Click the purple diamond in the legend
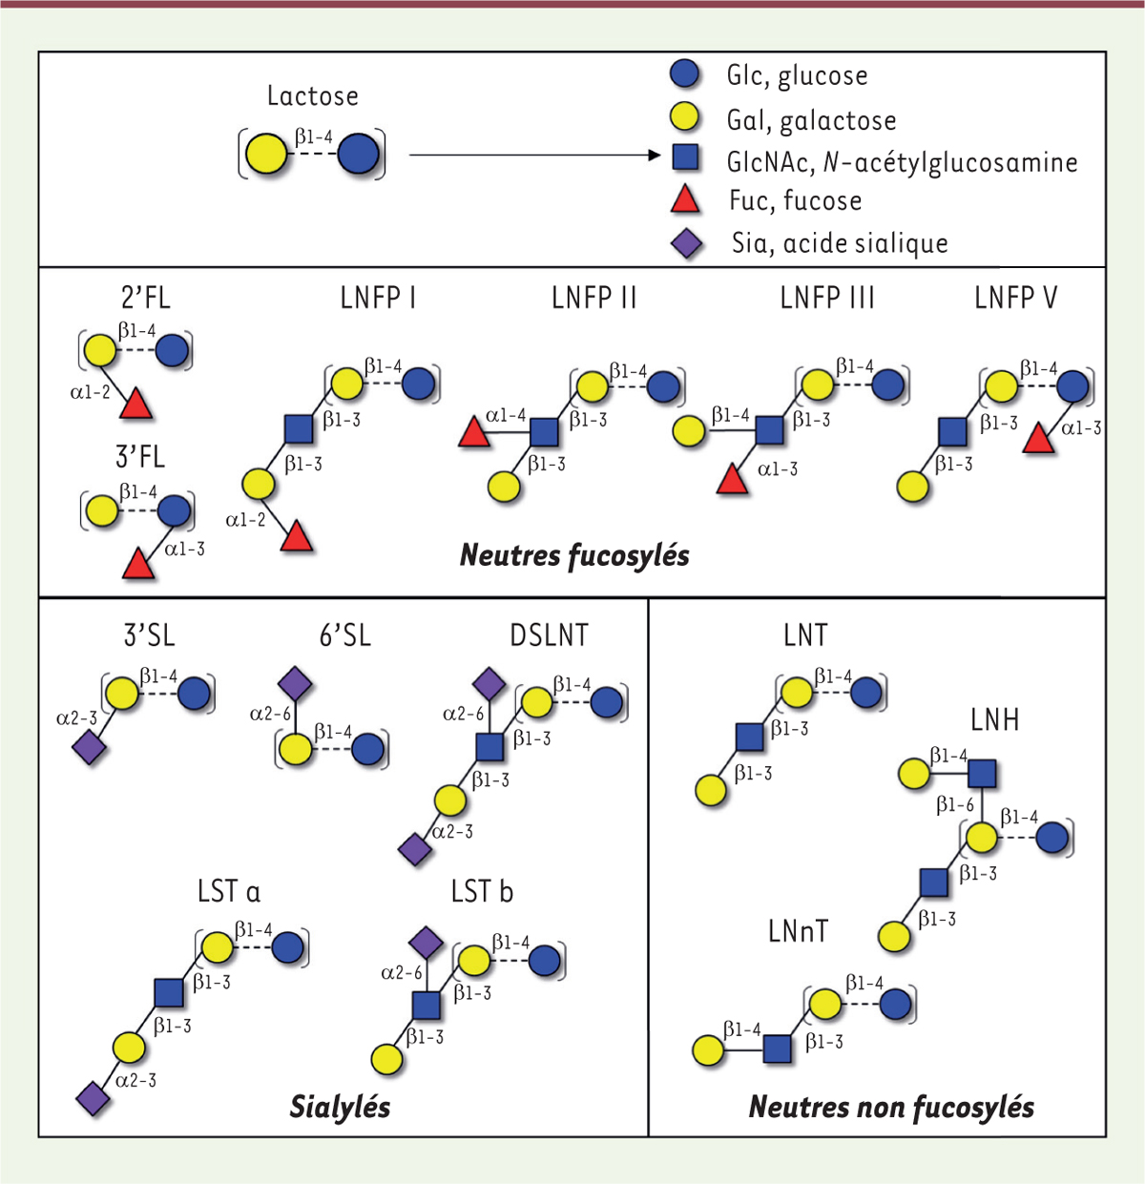[x=687, y=243]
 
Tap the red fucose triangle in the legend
[x=685, y=200]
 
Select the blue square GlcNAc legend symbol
[x=685, y=157]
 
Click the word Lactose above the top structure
[x=312, y=96]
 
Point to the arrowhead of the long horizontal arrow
[x=654, y=156]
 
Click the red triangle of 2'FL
[x=136, y=405]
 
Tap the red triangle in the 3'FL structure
[x=139, y=565]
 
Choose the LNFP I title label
[x=378, y=299]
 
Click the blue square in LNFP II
[x=543, y=431]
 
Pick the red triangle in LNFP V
[x=1038, y=439]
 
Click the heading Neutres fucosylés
[x=574, y=555]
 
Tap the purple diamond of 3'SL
[x=89, y=748]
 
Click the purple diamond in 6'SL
[x=295, y=684]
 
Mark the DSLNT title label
[x=549, y=635]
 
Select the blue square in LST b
[x=426, y=1005]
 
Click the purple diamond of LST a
[x=93, y=1098]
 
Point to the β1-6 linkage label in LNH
[x=954, y=805]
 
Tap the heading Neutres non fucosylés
[x=891, y=1107]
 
